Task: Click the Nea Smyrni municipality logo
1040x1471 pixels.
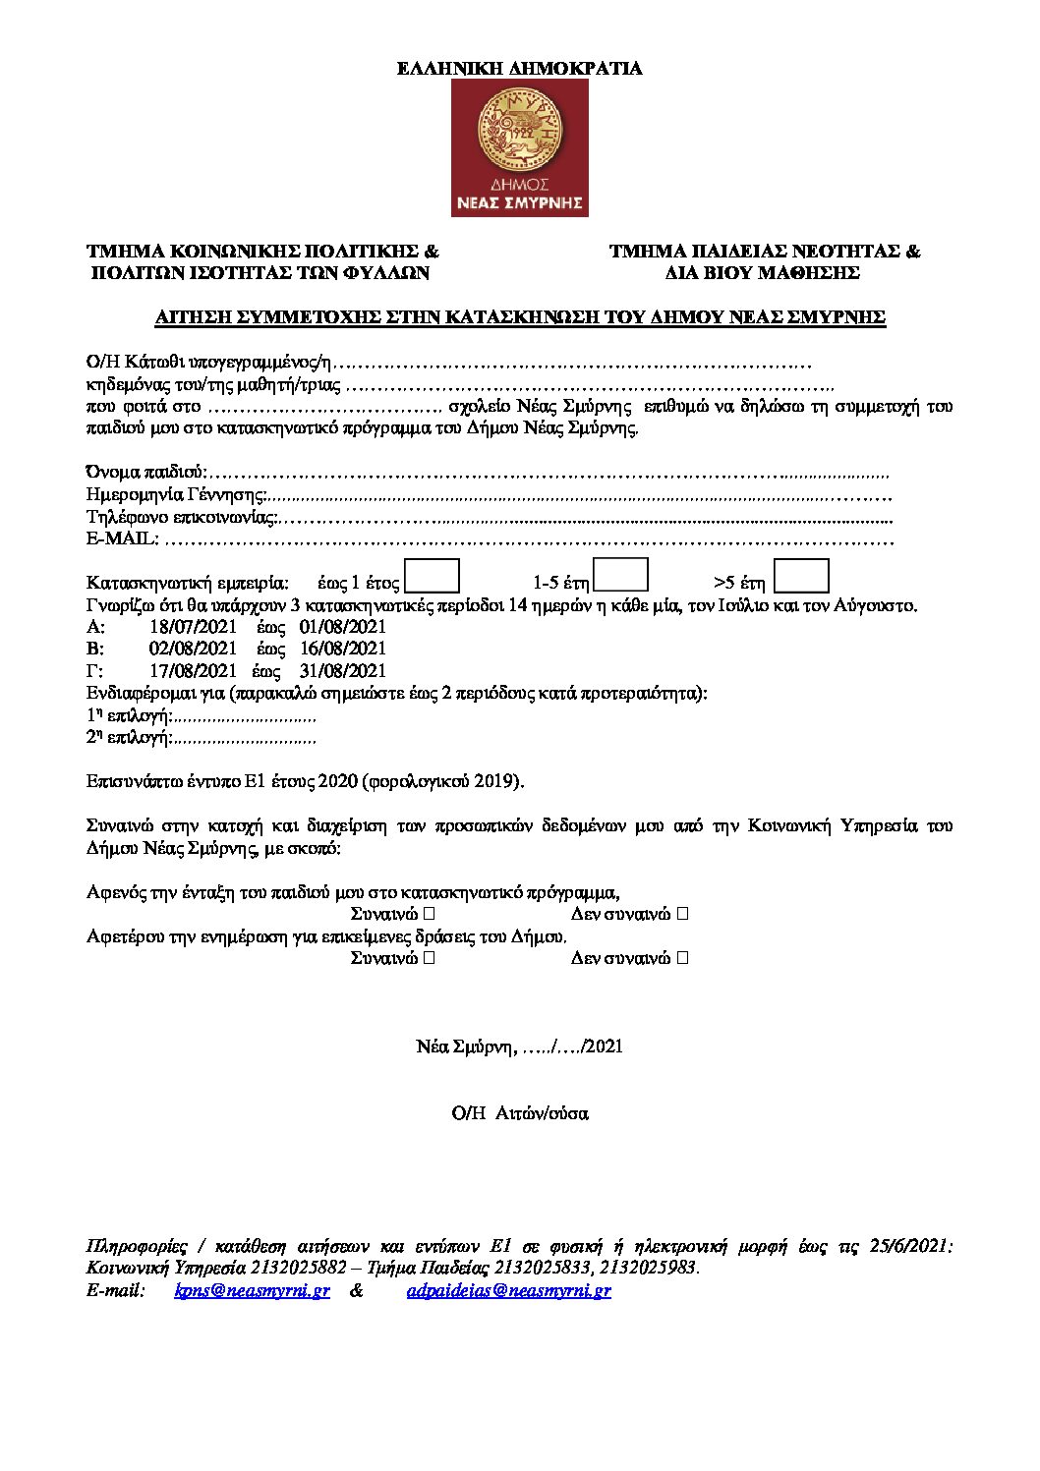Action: (x=519, y=147)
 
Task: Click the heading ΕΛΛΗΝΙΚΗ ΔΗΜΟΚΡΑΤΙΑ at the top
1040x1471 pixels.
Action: (x=519, y=68)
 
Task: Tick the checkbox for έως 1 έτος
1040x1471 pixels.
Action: (x=433, y=576)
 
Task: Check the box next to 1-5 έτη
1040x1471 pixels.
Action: (x=621, y=575)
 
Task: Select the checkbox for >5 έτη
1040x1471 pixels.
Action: (x=801, y=576)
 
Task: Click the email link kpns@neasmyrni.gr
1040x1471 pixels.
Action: (x=253, y=1290)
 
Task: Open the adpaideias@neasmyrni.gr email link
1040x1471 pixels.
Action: (x=508, y=1290)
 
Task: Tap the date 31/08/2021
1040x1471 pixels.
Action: (x=343, y=671)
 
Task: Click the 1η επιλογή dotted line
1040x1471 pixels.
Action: (x=245, y=716)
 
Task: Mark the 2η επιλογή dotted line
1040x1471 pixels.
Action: (x=245, y=738)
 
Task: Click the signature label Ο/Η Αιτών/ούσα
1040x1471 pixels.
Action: (x=520, y=1113)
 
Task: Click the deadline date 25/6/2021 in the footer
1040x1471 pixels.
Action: (x=909, y=1246)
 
